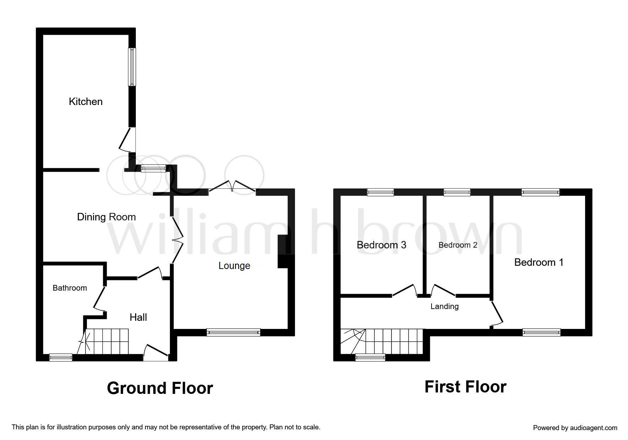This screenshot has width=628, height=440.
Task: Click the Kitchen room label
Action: click(x=85, y=101)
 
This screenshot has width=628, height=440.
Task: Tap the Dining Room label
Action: click(x=106, y=217)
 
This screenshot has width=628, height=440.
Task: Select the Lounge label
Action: click(x=234, y=266)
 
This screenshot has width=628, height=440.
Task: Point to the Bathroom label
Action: click(x=70, y=288)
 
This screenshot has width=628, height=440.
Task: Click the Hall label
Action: click(x=138, y=317)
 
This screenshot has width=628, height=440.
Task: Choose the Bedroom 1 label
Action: click(x=539, y=262)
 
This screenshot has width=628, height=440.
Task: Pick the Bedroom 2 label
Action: click(x=458, y=245)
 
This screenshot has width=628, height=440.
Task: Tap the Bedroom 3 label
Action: click(x=382, y=245)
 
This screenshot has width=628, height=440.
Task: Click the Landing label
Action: click(x=445, y=306)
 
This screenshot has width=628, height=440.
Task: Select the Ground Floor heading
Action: click(x=160, y=388)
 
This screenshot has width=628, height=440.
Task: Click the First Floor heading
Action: click(x=466, y=387)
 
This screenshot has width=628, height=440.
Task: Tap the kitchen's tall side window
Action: click(x=132, y=67)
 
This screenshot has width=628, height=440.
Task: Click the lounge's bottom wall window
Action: click(x=233, y=332)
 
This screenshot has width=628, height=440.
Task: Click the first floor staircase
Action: click(x=382, y=341)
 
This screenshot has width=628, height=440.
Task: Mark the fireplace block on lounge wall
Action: click(x=283, y=251)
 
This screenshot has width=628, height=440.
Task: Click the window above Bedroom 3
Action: click(x=380, y=192)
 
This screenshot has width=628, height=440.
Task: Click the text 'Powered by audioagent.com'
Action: click(x=575, y=428)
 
